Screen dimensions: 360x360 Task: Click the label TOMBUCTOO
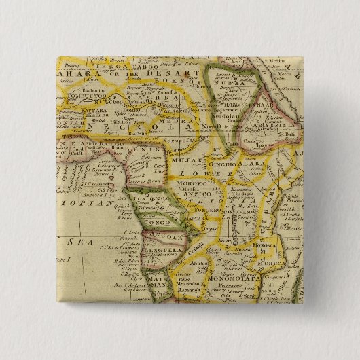73,95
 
